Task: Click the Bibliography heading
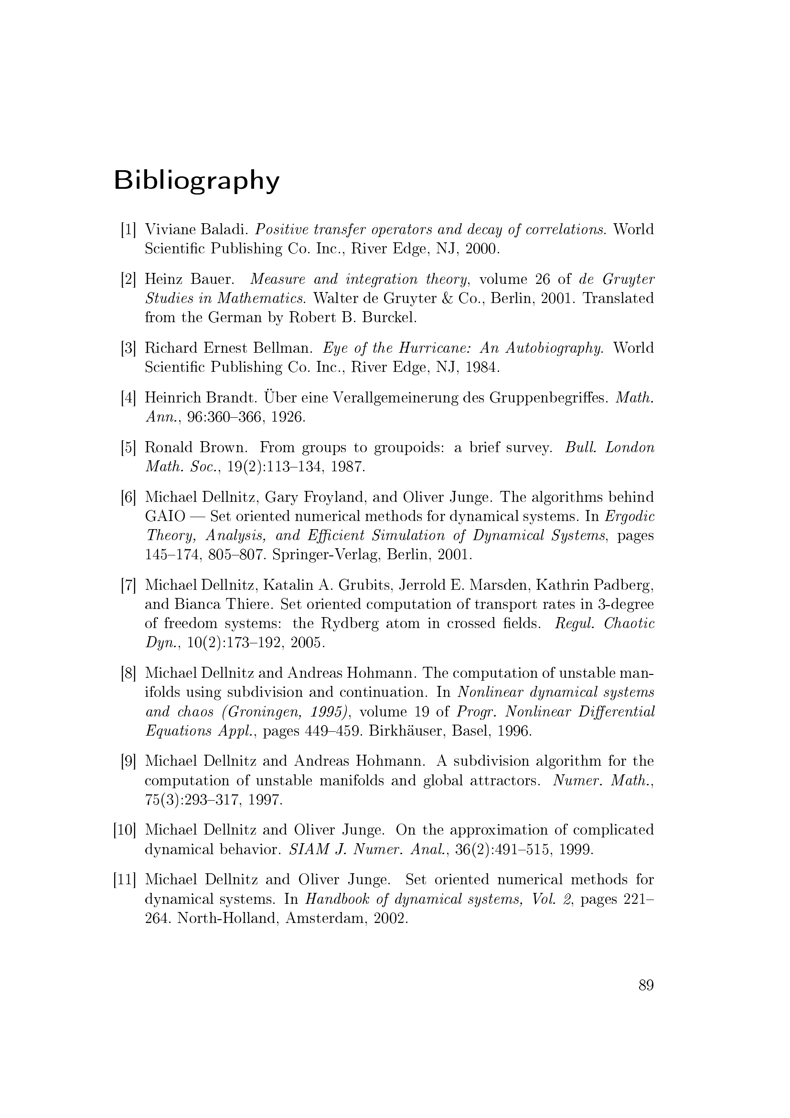(x=196, y=181)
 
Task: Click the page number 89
(x=646, y=986)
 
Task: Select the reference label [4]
(x=128, y=398)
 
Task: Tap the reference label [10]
(x=125, y=830)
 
